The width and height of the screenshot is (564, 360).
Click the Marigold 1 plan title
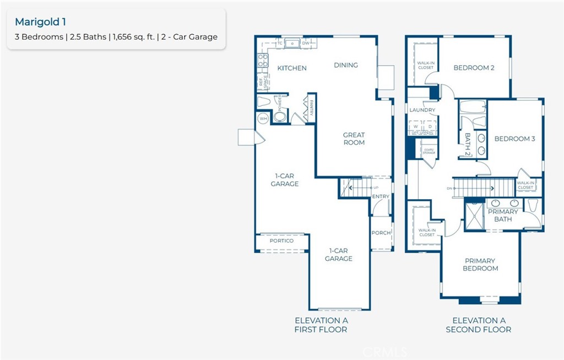click(40, 22)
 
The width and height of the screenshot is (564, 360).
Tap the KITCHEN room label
click(291, 68)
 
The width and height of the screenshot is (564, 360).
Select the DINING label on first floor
click(346, 65)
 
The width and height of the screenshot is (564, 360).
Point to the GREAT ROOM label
click(354, 139)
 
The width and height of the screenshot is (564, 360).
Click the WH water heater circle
click(263, 118)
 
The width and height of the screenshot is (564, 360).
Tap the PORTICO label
click(281, 241)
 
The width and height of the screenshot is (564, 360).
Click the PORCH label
click(381, 233)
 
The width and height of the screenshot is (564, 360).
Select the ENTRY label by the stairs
click(381, 197)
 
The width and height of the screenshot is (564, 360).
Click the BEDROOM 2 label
click(474, 68)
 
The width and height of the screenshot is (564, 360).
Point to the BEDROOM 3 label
click(514, 139)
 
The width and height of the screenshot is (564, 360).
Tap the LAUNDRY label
click(422, 110)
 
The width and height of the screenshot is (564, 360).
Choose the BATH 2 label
click(468, 145)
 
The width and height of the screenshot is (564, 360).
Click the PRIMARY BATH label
click(503, 215)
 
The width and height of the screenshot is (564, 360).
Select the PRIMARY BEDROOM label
click(480, 265)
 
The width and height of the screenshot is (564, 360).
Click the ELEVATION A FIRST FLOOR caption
click(321, 325)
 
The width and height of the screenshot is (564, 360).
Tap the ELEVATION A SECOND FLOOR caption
click(479, 325)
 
